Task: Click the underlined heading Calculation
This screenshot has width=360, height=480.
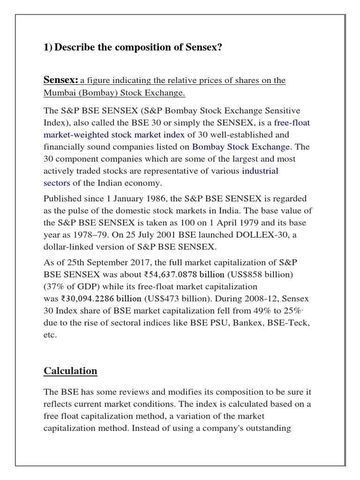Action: point(70,371)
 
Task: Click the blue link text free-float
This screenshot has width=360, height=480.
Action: point(292,122)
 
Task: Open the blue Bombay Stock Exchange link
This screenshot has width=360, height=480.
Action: point(241,147)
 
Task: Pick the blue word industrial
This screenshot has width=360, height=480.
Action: point(260,171)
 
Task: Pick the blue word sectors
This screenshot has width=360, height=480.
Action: point(57,183)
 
